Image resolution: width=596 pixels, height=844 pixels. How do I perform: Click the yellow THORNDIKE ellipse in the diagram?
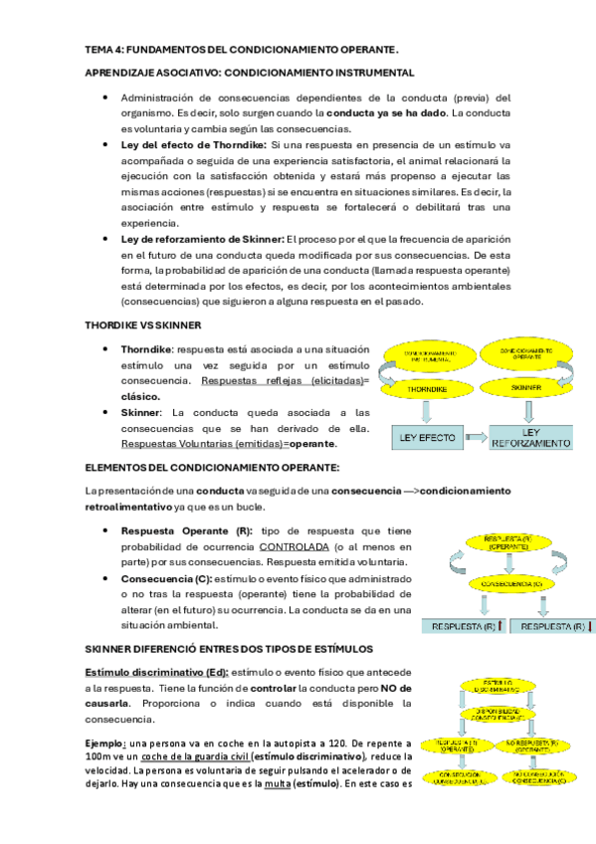(431, 389)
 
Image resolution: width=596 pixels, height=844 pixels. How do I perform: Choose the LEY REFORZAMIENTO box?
(532, 437)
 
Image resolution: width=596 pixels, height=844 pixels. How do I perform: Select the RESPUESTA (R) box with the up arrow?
(466, 626)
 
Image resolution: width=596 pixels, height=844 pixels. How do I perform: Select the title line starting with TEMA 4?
(241, 49)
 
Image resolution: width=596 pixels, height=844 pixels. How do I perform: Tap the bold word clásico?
(140, 396)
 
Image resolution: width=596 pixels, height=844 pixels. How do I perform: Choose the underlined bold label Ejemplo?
(105, 743)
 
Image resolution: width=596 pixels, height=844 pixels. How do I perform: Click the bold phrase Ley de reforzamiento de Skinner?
(202, 240)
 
